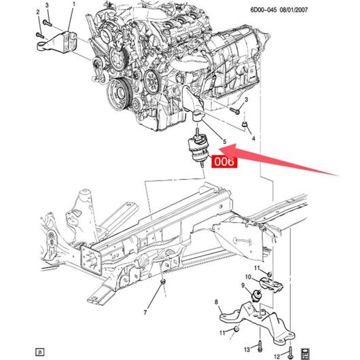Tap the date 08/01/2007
(x=293, y=10)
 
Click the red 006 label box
(x=224, y=162)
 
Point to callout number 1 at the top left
(x=74, y=4)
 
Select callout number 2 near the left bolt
(x=38, y=12)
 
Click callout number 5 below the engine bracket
(x=225, y=142)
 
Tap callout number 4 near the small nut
(x=253, y=139)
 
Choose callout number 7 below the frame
(x=145, y=312)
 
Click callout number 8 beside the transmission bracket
(x=216, y=302)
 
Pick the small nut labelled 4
(x=245, y=124)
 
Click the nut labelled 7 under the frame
(x=163, y=281)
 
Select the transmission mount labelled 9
(x=256, y=295)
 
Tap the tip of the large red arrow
(x=219, y=149)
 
